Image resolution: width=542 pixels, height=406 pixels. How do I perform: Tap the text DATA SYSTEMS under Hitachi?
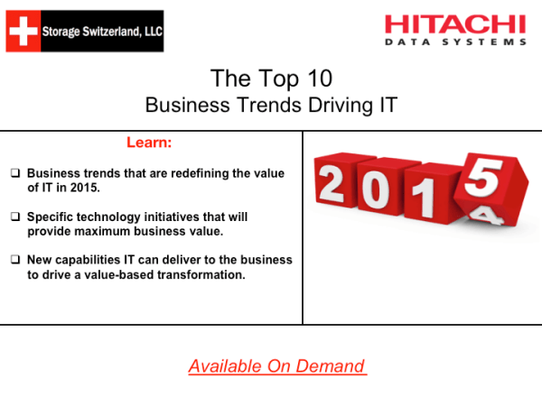(455, 42)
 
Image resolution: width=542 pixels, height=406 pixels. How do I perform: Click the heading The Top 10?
(269, 78)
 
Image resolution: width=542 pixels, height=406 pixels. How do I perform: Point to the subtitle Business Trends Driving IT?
(271, 105)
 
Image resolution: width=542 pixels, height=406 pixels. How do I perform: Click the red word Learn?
(149, 143)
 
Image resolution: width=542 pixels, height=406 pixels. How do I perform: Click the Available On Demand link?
(277, 365)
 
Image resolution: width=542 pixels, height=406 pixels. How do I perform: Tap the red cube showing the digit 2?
(332, 186)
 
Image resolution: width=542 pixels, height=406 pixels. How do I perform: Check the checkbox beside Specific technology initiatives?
(15, 217)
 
